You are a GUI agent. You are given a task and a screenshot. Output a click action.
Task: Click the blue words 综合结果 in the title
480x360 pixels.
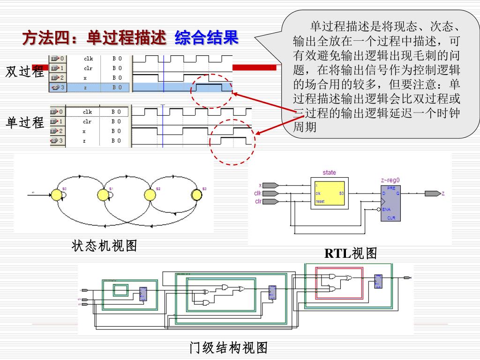pos(207,38)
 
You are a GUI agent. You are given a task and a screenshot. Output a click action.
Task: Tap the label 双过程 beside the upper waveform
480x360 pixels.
pos(25,72)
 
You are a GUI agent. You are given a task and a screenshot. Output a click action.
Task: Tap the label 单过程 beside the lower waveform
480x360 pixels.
pos(25,123)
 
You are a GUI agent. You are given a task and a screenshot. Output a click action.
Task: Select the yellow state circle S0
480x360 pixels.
pos(57,194)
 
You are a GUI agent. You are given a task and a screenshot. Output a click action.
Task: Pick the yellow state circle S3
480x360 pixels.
pos(197,194)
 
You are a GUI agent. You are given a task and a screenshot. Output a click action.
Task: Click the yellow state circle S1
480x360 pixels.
pos(103,194)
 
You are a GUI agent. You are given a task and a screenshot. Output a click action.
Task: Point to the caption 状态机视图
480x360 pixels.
pos(105,246)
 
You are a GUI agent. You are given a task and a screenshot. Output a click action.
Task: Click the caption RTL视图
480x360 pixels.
pos(351,254)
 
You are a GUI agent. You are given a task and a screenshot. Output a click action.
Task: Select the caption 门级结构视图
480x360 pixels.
pos(229,348)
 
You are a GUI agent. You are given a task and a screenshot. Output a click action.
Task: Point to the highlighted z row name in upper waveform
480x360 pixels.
pos(85,87)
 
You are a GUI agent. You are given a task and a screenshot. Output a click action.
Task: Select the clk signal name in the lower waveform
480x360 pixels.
pos(88,112)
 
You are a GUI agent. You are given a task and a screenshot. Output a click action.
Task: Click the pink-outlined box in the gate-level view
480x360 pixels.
pos(339,283)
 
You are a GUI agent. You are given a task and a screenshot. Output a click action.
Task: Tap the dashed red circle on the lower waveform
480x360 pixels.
pos(233,142)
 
